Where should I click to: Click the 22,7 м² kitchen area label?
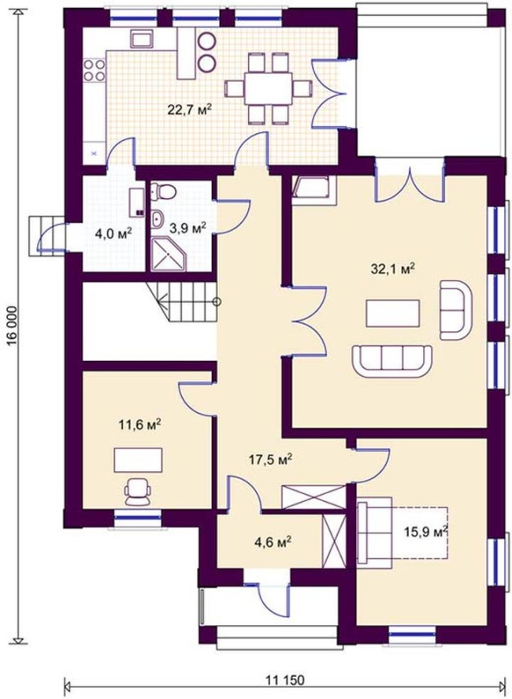pyautogui.click(x=189, y=110)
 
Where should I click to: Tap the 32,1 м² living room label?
pyautogui.click(x=393, y=269)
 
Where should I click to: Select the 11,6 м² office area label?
pyautogui.click(x=139, y=425)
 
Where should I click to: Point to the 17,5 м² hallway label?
pyautogui.click(x=270, y=459)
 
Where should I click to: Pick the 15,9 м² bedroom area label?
pyautogui.click(x=426, y=532)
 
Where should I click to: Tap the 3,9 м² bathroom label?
pyautogui.click(x=187, y=228)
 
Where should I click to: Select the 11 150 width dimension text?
pyautogui.click(x=285, y=680)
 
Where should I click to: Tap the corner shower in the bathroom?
pyautogui.click(x=169, y=255)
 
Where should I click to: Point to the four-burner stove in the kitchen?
pyautogui.click(x=94, y=70)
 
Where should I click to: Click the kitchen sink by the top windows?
pyautogui.click(x=142, y=39)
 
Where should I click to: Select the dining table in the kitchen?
pyautogui.click(x=269, y=88)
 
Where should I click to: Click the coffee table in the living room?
pyautogui.click(x=393, y=314)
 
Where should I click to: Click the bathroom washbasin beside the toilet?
pyautogui.click(x=158, y=219)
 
